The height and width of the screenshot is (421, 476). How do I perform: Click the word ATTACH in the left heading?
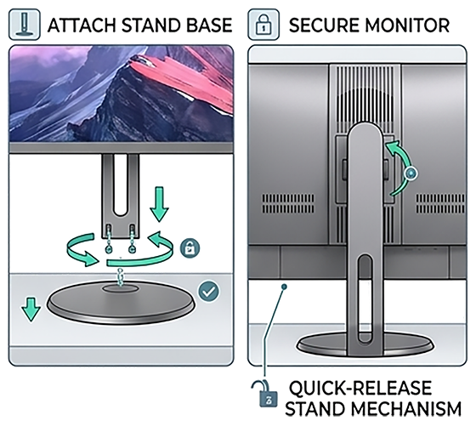click(82, 26)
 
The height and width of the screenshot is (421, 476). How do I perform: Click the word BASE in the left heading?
click(209, 26)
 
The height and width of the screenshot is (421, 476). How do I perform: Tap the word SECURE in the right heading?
click(324, 26)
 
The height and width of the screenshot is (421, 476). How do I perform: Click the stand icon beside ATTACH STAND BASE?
click(25, 25)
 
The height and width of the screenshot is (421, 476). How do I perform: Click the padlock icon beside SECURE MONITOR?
click(263, 25)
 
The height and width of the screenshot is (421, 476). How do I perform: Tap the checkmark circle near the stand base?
click(208, 291)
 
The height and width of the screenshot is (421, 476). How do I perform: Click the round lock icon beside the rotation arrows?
click(190, 248)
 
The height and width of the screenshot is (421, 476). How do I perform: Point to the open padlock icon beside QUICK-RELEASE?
click(265, 393)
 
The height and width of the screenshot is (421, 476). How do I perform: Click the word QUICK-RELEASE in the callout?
click(360, 388)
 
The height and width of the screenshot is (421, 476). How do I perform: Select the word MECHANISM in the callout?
click(406, 409)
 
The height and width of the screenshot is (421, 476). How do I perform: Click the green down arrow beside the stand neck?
click(159, 204)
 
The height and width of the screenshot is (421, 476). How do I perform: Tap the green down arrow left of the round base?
click(31, 310)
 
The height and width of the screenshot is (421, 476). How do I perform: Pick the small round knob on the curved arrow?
click(411, 174)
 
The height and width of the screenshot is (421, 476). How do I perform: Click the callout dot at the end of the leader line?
click(284, 287)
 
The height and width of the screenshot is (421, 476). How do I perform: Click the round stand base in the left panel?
click(121, 302)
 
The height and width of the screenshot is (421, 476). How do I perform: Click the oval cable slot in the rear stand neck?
click(365, 299)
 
